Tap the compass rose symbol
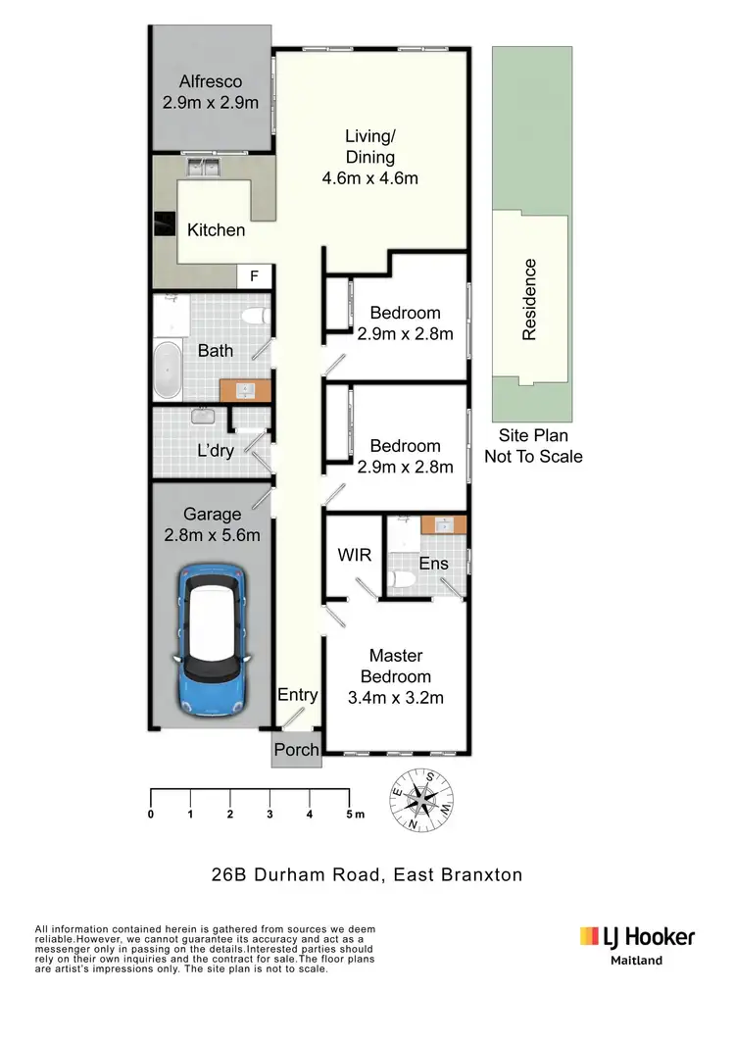click(x=421, y=800)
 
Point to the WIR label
click(x=354, y=556)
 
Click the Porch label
click(x=296, y=750)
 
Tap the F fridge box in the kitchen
click(x=254, y=276)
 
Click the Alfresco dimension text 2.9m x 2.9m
click(x=211, y=102)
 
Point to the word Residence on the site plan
click(x=530, y=299)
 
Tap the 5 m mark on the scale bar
click(x=350, y=814)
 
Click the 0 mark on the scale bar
click(x=151, y=814)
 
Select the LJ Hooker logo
click(x=637, y=938)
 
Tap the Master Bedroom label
click(x=395, y=667)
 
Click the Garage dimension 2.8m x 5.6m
click(x=212, y=535)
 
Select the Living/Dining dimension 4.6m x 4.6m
click(x=369, y=178)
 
